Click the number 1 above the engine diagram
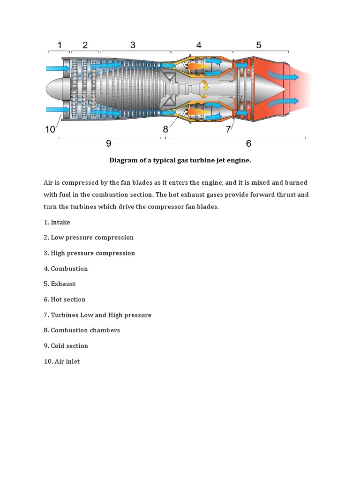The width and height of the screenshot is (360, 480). (x=60, y=45)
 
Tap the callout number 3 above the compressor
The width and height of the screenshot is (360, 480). (x=133, y=45)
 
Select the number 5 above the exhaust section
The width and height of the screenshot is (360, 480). (x=259, y=45)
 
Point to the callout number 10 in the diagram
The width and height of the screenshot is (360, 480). (x=50, y=129)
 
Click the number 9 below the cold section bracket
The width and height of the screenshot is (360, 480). (x=109, y=144)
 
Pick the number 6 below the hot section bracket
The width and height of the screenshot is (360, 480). (x=248, y=144)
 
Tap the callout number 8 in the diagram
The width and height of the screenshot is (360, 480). (x=165, y=129)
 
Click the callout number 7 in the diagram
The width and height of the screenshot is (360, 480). (x=228, y=129)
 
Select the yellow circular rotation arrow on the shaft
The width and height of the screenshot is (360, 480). (x=205, y=86)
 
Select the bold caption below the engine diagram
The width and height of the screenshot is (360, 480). (x=180, y=160)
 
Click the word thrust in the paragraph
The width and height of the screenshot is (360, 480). (x=285, y=194)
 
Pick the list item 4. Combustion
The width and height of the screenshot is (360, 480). (x=66, y=269)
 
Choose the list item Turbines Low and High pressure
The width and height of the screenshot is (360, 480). (x=97, y=315)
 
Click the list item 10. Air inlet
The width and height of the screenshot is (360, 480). (x=62, y=361)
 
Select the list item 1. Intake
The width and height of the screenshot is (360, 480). (x=57, y=222)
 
